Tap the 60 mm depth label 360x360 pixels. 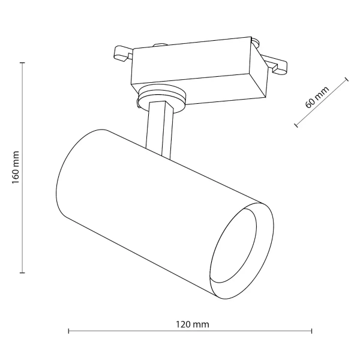pos(317,97)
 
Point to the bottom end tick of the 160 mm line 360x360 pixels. pos(23,273)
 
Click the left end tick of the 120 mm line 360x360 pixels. pos(69,331)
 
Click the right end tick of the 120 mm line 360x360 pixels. pos(312,331)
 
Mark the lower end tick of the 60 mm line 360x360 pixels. pos(296,125)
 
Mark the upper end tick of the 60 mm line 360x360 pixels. pos(347,79)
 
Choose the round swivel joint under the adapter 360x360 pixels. pos(161,96)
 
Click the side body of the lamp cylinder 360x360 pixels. pos(150,198)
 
